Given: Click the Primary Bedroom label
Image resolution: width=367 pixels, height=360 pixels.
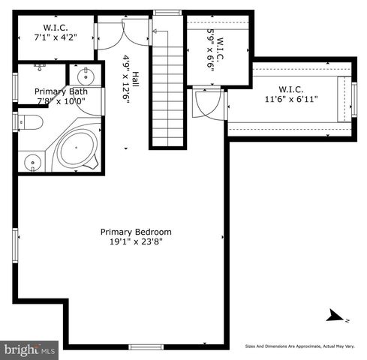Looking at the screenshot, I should click(x=136, y=232).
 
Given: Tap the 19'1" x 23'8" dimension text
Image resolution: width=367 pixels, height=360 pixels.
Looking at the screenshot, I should click(x=136, y=242).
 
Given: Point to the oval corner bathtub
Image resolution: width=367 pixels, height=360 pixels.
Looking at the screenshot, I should click(x=77, y=148).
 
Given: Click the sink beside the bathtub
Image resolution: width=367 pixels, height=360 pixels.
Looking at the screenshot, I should click(x=32, y=161).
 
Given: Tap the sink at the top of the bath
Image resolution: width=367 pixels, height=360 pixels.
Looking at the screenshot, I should click(x=84, y=75).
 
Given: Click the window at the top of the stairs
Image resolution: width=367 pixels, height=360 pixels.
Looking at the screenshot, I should click(x=168, y=13).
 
